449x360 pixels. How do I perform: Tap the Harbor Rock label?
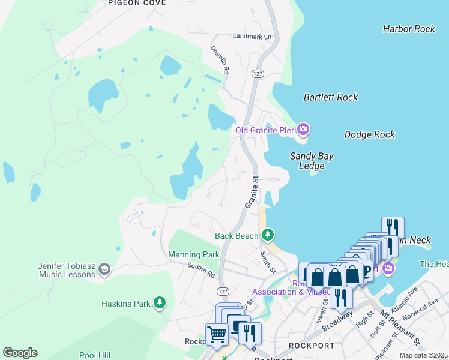click(408, 29)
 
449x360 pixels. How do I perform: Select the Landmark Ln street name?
click(252, 36)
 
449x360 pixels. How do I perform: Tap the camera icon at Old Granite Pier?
click(304, 129)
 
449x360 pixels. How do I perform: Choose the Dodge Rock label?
click(369, 135)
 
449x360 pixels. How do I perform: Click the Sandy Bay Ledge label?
click(312, 161)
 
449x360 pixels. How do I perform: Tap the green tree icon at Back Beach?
click(268, 234)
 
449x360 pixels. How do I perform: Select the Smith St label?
click(268, 262)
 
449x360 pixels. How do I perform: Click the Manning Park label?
click(193, 254)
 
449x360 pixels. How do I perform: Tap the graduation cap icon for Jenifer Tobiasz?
click(104, 269)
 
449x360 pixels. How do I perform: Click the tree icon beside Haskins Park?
click(159, 303)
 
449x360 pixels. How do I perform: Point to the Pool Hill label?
click(96, 355)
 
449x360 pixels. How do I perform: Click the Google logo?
click(20, 353)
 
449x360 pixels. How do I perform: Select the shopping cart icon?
click(216, 334)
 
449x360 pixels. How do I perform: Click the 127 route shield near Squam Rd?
click(223, 291)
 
